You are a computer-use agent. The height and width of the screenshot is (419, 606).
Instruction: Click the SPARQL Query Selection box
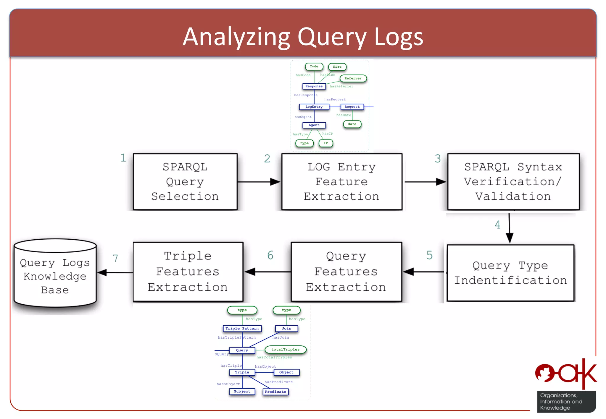185,182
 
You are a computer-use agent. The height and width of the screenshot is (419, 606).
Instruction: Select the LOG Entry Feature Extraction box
342,182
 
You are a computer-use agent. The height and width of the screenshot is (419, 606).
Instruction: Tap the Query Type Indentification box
510,273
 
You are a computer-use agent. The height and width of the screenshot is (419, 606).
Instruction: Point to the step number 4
498,225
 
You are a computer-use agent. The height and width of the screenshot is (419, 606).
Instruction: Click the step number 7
115,259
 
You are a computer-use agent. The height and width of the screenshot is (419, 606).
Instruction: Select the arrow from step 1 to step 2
259,182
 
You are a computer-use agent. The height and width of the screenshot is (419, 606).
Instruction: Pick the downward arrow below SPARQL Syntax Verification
510,228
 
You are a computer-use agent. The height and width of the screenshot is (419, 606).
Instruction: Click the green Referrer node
353,78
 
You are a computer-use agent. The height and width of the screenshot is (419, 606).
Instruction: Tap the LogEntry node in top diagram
314,107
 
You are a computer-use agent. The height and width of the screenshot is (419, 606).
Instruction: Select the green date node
352,124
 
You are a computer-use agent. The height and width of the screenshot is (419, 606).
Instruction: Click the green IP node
326,143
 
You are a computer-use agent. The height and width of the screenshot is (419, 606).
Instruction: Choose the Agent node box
314,125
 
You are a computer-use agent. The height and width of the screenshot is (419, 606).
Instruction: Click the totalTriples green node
286,350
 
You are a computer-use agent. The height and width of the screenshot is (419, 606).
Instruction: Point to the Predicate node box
275,392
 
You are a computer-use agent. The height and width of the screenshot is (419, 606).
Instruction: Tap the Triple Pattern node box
242,329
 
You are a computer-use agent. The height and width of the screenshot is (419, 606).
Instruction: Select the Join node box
286,329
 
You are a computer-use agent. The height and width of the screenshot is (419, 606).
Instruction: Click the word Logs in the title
399,37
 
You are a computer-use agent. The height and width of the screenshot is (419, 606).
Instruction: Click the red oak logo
566,374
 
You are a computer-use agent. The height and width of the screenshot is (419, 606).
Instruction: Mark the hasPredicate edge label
279,382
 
